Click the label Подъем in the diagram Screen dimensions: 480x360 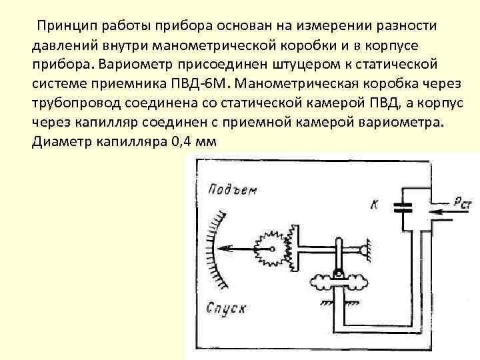coord(231,190)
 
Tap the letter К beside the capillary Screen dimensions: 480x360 coord(374,205)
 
